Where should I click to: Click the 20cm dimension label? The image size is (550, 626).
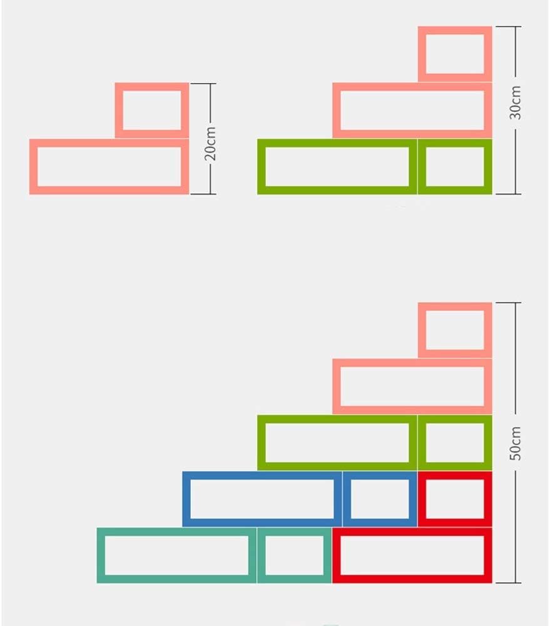[211, 143]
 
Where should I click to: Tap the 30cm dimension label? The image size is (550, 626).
[515, 103]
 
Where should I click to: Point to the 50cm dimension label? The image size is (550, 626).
[515, 443]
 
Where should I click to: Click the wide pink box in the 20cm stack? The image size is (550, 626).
[109, 167]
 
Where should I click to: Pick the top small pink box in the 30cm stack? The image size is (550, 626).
[455, 54]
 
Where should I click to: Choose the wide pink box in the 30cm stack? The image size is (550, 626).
[412, 110]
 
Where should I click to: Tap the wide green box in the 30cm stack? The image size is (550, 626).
[337, 167]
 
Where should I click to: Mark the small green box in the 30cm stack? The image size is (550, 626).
[455, 167]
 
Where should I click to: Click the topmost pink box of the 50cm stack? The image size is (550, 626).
[455, 330]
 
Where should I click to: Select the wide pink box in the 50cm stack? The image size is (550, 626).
[412, 386]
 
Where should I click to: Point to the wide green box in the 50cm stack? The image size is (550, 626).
[337, 443]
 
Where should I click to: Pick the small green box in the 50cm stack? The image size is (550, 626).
[455, 443]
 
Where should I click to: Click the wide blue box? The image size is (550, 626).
[262, 499]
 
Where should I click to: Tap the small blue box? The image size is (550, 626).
[380, 499]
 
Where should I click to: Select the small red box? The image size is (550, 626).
[455, 499]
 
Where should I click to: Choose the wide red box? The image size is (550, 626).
[412, 555]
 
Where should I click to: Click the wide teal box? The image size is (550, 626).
[176, 555]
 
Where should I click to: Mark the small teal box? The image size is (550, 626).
[294, 555]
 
